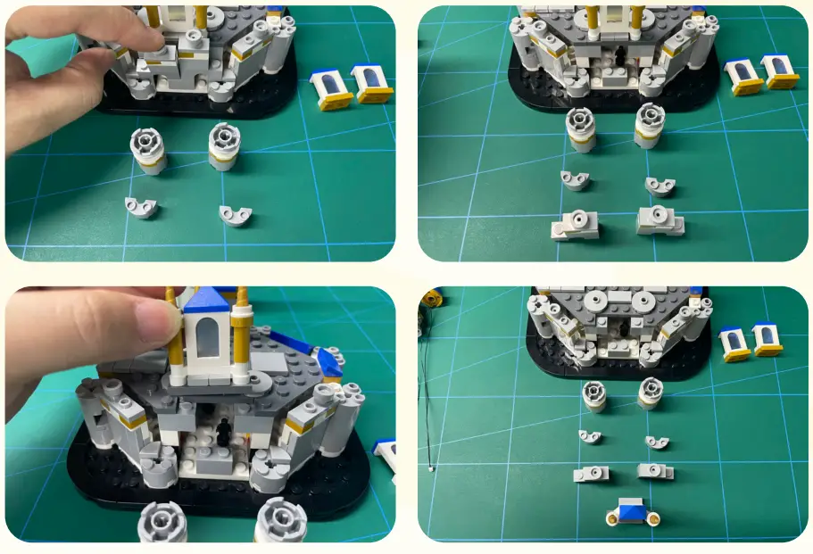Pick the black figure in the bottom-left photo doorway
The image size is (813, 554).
225,430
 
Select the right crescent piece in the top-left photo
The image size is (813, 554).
236,215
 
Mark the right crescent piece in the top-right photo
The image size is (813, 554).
660,186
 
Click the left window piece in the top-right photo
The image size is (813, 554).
742,77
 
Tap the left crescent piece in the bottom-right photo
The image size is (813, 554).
590,437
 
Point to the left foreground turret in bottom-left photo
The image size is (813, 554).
162,522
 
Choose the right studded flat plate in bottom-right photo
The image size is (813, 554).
655,471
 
